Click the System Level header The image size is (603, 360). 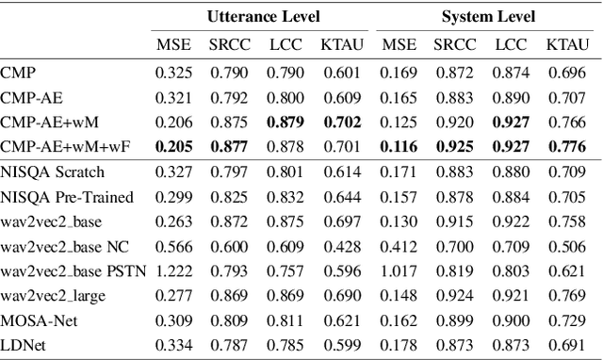coord(488,17)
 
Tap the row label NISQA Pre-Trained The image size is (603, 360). coord(67,198)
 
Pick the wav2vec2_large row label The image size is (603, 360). coord(54,295)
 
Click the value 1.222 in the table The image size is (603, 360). coord(172,270)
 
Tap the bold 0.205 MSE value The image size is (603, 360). coord(172,146)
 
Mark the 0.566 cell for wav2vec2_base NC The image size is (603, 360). coord(172,247)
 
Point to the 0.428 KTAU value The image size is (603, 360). coord(339,247)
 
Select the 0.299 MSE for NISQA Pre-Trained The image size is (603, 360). coord(172,198)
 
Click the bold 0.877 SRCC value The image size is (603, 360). coord(228,146)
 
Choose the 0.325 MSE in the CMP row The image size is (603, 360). coord(172,72)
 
